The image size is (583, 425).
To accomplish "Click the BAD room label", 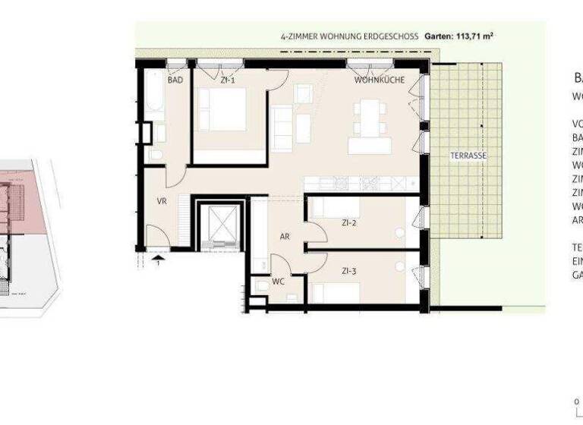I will (x=175, y=80).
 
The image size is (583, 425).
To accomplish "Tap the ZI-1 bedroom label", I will (x=228, y=80).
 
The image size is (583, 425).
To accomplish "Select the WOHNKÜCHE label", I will (x=379, y=80).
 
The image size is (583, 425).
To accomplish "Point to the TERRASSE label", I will (x=468, y=156).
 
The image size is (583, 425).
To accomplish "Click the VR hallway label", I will (x=162, y=202).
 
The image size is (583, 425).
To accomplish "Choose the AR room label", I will (x=285, y=237).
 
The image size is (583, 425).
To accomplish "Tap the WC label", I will (x=279, y=281).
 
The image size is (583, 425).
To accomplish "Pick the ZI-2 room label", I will (x=349, y=223).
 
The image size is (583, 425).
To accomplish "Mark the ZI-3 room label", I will (x=349, y=271).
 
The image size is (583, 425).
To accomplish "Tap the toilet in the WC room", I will (x=262, y=285).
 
